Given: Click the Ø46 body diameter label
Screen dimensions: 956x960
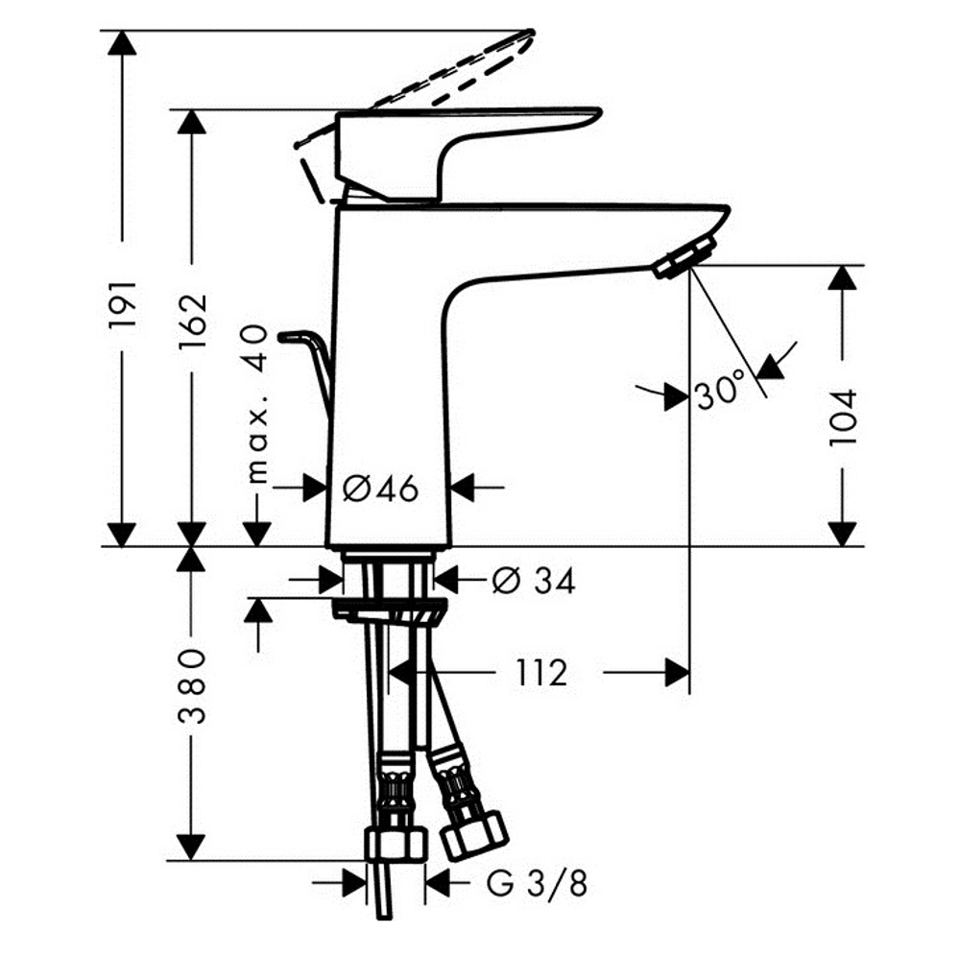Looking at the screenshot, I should (x=381, y=489).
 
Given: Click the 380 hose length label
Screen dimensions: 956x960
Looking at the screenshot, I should (x=193, y=686).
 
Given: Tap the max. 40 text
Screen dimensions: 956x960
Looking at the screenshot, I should (x=256, y=403).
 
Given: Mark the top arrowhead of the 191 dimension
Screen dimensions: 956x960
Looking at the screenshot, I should (x=123, y=44).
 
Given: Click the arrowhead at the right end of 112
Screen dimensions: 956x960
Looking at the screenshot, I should (x=678, y=674).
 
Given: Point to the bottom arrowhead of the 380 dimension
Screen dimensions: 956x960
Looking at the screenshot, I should (x=193, y=847).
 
